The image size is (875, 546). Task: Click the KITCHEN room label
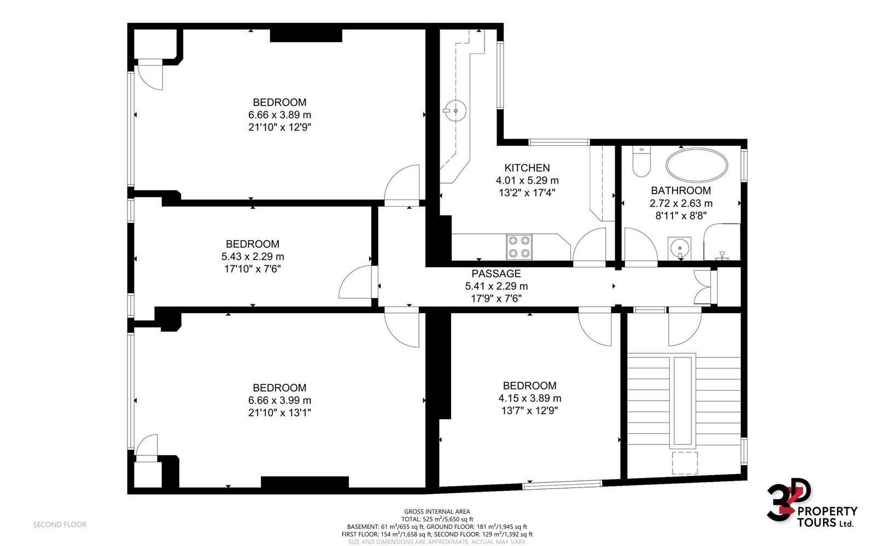[x=527, y=168]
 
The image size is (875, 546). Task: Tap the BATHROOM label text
[x=681, y=190]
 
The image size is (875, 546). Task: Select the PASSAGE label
[x=496, y=274]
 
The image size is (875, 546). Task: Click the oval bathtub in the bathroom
[x=697, y=165]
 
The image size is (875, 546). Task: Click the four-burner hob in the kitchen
[x=519, y=247]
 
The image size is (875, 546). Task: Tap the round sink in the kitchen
[x=455, y=111]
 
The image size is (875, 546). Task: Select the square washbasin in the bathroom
[x=679, y=248]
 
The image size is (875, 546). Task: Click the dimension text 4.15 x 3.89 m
[x=530, y=398]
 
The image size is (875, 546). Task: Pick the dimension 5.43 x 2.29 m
[x=253, y=257]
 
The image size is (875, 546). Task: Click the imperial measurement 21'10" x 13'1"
[x=279, y=413]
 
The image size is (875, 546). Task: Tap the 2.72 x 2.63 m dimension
[x=681, y=203]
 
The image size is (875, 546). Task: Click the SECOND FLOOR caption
[x=60, y=525]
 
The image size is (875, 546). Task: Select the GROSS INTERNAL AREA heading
[x=437, y=512]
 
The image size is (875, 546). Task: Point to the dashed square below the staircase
[x=685, y=463]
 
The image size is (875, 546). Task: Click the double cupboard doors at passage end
[x=703, y=287]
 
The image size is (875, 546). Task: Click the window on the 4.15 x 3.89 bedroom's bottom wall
[x=563, y=484]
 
